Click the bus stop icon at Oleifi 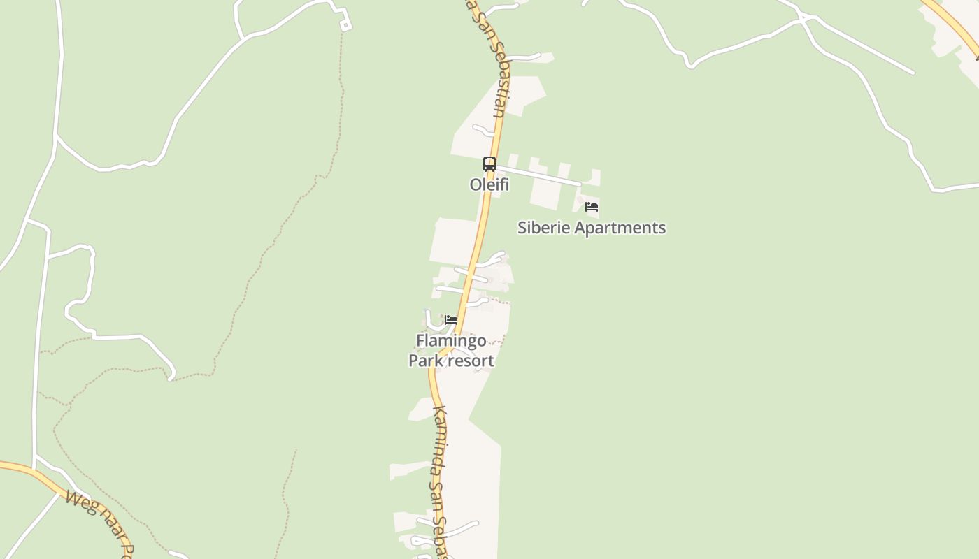point(489,164)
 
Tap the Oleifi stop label point(489,185)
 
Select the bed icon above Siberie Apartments point(592,207)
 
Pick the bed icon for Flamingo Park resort point(451,320)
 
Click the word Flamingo point(451,341)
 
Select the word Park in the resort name point(427,361)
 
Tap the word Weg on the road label point(78,502)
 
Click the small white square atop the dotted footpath point(345,25)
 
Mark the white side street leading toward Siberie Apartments point(538,175)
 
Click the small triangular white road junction point(805,17)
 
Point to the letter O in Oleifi point(476,185)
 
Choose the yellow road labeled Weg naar point(42,475)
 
